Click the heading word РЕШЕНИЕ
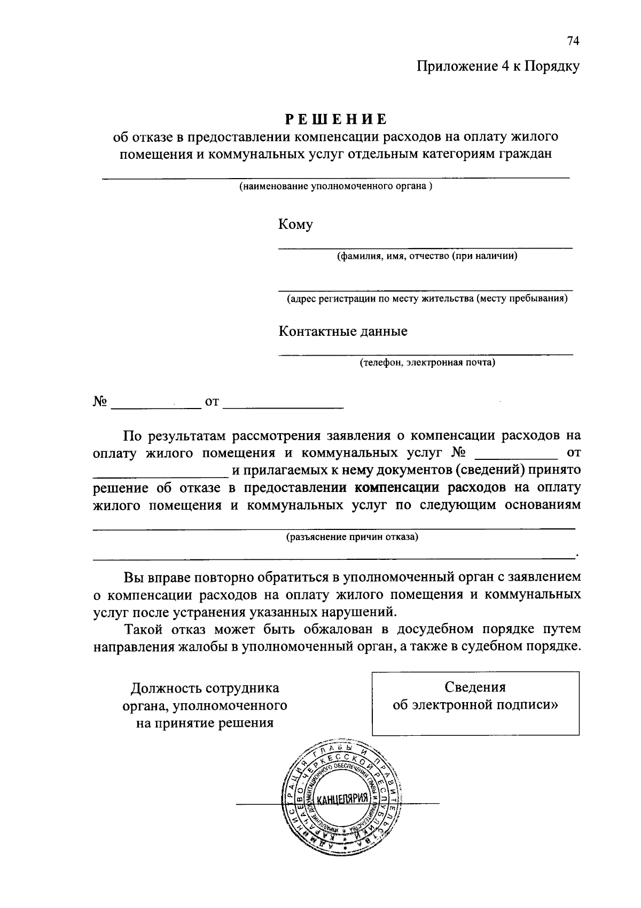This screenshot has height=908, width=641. coord(335,119)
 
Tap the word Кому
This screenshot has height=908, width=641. coord(295,224)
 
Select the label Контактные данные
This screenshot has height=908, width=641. coord(343,331)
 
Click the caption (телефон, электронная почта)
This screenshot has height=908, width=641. coord(427,363)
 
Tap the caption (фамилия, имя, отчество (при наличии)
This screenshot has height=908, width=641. coord(427,256)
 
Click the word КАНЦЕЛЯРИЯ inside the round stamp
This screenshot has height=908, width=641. coord(342,800)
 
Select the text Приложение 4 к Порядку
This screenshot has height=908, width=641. coord(498,66)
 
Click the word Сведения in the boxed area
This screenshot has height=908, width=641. coord(475,687)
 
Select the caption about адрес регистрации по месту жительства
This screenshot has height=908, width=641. coord(427,298)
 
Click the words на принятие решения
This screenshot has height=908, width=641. coord(205,723)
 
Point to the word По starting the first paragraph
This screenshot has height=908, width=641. coord(132,436)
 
